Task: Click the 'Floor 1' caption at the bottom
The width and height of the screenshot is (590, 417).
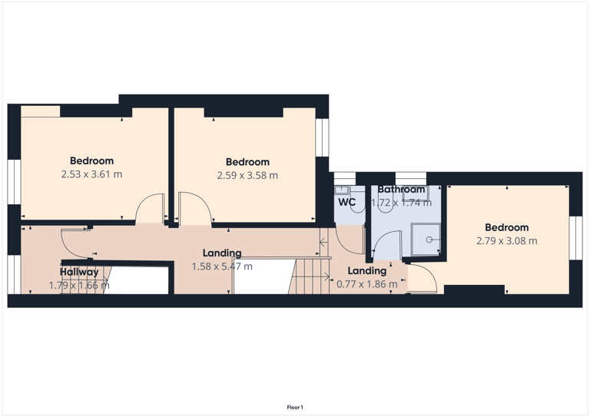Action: pos(295,407)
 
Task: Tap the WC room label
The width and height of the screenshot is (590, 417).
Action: pos(347,203)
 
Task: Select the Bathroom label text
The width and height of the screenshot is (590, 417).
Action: pos(401,190)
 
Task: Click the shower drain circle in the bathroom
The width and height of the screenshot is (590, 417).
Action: pos(429,240)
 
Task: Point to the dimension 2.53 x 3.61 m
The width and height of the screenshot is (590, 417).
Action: pos(91,174)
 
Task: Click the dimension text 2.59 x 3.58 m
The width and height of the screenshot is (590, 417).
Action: pos(247,176)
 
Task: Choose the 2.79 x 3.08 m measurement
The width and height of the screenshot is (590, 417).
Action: pos(506,241)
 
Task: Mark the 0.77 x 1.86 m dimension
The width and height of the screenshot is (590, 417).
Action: pos(367,284)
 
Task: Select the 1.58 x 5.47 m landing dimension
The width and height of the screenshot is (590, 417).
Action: pos(222,266)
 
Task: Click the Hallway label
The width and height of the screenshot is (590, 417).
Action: pos(79,272)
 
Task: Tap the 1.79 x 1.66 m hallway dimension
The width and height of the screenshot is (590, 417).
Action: pos(79,286)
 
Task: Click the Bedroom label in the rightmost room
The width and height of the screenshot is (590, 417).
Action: pos(506,227)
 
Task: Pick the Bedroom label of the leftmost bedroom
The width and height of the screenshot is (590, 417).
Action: pos(91,161)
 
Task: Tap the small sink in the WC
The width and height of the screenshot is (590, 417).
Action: pos(342,190)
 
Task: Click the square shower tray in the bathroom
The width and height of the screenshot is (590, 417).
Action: pos(425,240)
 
